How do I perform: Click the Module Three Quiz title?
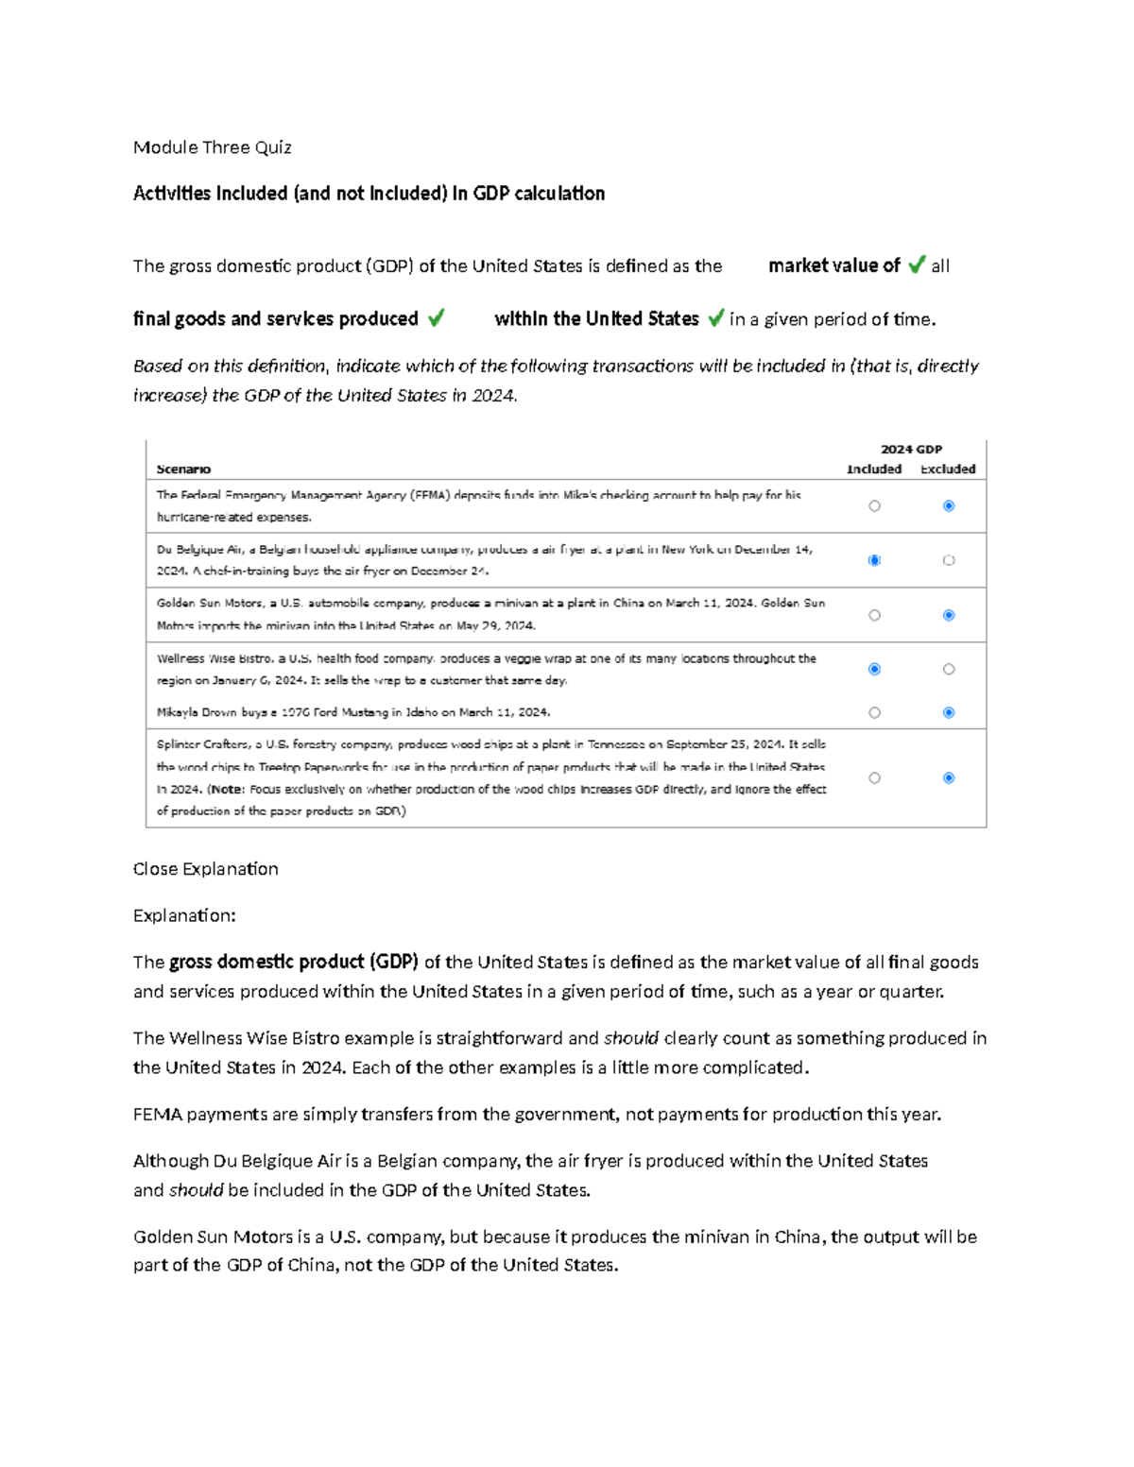pos(212,147)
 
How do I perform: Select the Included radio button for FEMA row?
pos(874,506)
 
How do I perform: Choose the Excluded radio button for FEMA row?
pos(949,506)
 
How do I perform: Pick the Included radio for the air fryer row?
pos(874,560)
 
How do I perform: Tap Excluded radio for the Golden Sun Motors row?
pos(949,615)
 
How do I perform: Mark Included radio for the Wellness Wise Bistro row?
pos(874,669)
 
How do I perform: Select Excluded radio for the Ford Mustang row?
pos(949,712)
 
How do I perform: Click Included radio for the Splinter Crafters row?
pos(874,778)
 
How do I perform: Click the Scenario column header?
pos(183,469)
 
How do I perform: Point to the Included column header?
pos(874,469)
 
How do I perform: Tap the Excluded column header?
pos(948,469)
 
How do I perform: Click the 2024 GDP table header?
pos(911,450)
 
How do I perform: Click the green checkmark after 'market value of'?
pos(916,265)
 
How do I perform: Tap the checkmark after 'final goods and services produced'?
pos(436,318)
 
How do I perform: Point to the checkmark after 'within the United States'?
pos(715,318)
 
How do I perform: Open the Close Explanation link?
pos(205,869)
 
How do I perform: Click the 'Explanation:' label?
pos(184,915)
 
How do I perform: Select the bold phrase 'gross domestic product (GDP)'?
pos(294,962)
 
